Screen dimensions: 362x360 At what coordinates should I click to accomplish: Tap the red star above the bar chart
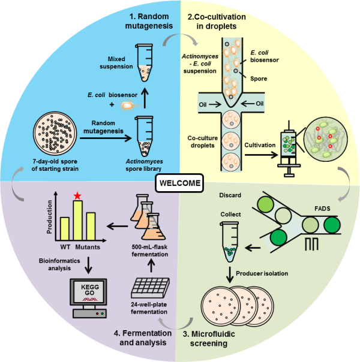pyautogui.click(x=77, y=195)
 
